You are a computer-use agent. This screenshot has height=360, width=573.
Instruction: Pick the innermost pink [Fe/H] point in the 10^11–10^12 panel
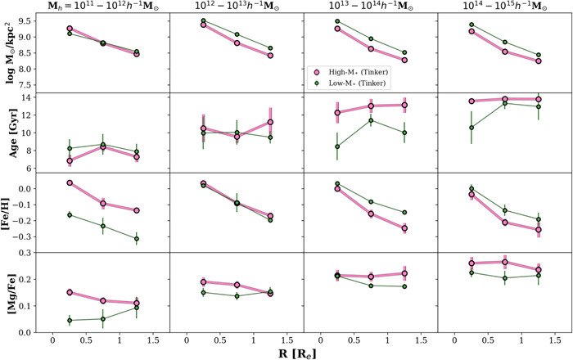click(70, 183)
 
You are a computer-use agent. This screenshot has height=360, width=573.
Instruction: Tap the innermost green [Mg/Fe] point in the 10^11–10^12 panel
click(70, 320)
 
